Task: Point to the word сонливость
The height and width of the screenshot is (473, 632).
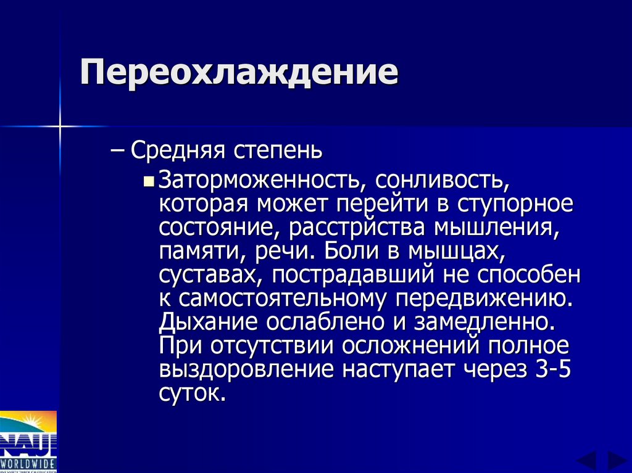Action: (x=439, y=180)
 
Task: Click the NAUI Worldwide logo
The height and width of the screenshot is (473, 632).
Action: (x=28, y=442)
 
